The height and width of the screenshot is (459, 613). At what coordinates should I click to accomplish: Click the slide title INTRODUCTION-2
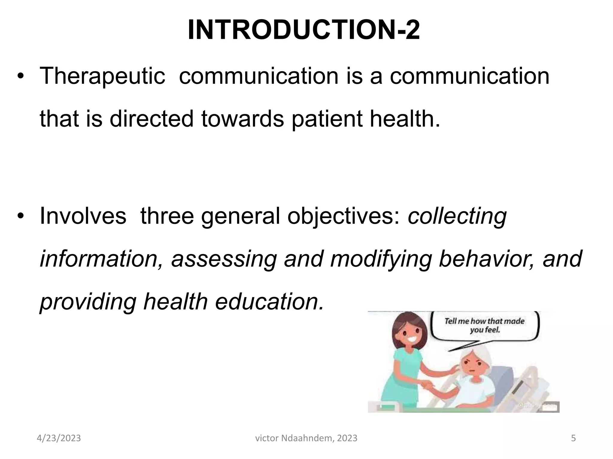[304, 30]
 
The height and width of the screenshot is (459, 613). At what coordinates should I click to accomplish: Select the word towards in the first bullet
[242, 119]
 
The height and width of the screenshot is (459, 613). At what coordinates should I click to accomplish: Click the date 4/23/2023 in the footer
[59, 438]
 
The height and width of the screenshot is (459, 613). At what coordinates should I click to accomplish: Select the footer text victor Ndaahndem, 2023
[306, 438]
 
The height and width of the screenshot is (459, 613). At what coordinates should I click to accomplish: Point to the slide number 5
[573, 438]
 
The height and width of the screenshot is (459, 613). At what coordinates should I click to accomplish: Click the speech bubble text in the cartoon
[485, 325]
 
